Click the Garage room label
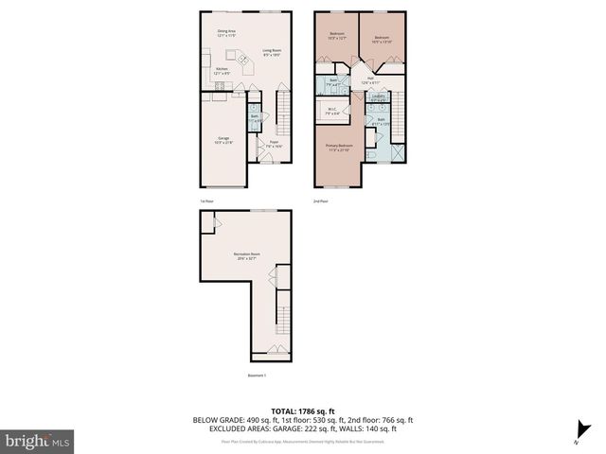(223, 140)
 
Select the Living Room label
(271, 52)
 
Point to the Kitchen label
(221, 71)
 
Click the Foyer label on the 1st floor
(273, 143)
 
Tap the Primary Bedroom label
(338, 148)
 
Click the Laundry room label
(378, 97)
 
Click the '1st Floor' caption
(205, 201)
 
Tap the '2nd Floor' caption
(322, 201)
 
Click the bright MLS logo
(37, 441)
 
